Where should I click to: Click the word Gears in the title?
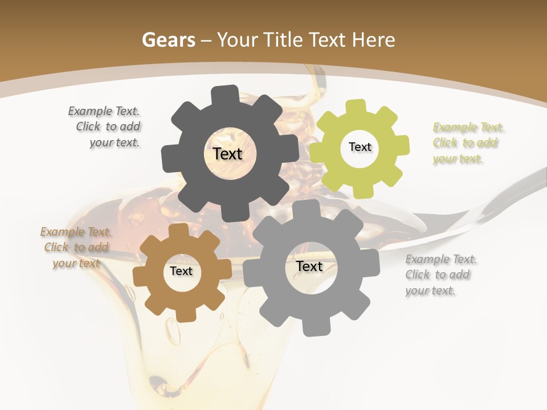point(168,40)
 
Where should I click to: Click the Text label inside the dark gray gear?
point(227,154)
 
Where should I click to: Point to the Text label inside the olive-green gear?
point(360,147)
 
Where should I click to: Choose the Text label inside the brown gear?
point(181,271)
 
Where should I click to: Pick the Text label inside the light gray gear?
point(309,266)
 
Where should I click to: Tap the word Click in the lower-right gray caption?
point(418,274)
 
